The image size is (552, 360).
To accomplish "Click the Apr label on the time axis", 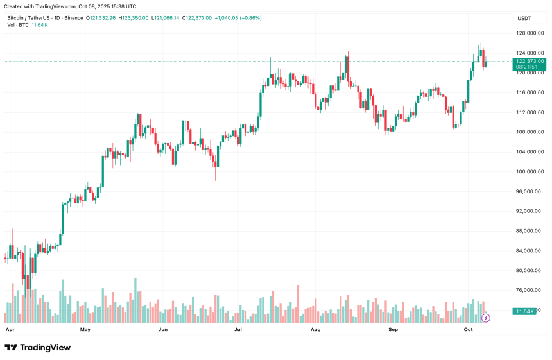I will [x=10, y=329].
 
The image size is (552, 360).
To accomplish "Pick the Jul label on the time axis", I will [x=238, y=329].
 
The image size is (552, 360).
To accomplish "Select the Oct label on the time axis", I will [x=468, y=329].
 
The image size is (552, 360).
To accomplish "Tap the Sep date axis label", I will [x=393, y=329].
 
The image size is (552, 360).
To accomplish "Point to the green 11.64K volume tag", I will [x=524, y=311].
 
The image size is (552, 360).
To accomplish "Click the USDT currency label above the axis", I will [x=524, y=18].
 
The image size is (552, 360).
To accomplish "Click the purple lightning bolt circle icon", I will [x=486, y=318].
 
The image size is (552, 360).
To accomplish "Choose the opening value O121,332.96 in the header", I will [x=101, y=18].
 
